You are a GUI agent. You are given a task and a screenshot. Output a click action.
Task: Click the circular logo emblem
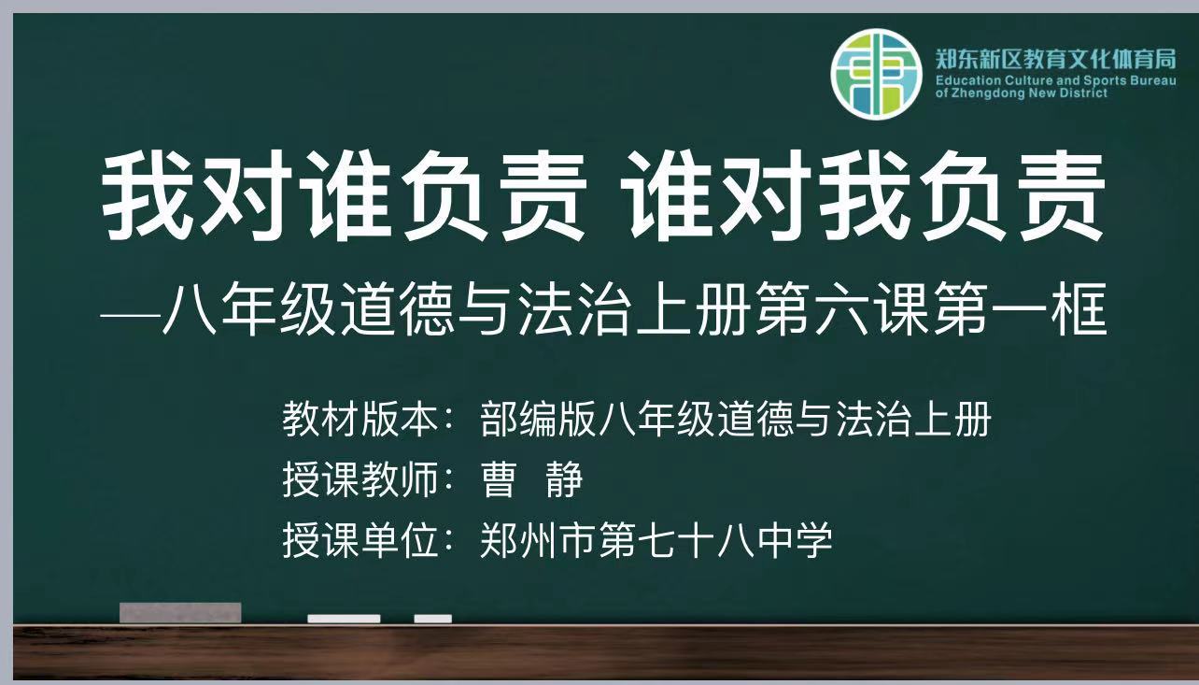pos(876,74)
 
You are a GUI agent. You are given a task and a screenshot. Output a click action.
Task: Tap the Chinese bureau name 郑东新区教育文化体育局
pos(1055,59)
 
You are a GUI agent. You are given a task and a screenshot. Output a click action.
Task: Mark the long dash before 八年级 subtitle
pos(130,315)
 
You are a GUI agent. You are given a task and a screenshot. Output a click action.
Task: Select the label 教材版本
pos(360,419)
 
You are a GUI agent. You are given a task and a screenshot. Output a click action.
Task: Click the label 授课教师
pos(360,479)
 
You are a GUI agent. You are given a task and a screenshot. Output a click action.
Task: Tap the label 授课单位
pos(360,540)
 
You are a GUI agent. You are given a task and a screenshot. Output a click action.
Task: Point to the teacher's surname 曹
pos(499,479)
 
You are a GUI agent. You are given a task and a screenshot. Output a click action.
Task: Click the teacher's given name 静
pos(564,479)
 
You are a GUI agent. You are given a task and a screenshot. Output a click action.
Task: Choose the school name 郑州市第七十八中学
pos(656,540)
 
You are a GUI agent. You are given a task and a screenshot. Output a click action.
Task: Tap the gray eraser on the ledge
pos(180,613)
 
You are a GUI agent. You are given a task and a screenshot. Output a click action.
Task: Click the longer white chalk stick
pos(344,619)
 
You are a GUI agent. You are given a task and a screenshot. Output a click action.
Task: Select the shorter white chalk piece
pos(432,619)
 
